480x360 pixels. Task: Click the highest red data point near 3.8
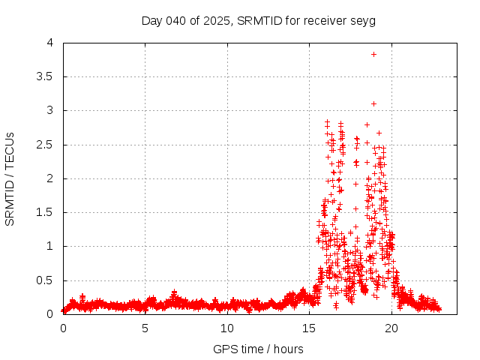[373, 54]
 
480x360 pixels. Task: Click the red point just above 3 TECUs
[373, 103]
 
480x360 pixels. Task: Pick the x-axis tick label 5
[145, 328]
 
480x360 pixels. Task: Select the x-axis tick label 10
[227, 328]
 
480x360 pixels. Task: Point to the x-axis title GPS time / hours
[258, 349]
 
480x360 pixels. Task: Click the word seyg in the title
[364, 20]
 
